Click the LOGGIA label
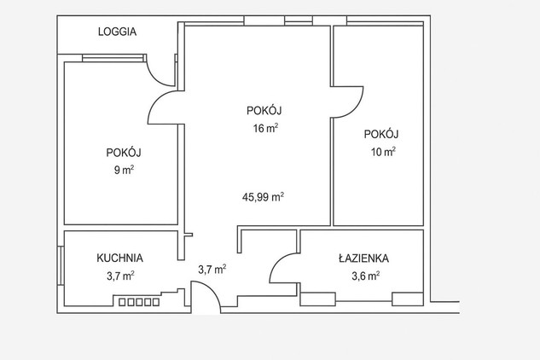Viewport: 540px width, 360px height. click(x=117, y=32)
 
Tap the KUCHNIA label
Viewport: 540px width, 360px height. click(x=119, y=258)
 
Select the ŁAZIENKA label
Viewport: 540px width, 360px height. click(x=363, y=258)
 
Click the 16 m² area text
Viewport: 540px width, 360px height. click(x=265, y=128)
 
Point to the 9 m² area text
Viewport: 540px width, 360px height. click(x=124, y=170)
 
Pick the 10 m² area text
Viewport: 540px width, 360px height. click(x=383, y=152)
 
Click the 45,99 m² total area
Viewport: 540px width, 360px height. click(x=263, y=197)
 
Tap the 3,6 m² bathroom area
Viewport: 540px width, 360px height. click(x=365, y=276)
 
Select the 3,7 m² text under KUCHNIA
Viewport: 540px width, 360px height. click(x=120, y=276)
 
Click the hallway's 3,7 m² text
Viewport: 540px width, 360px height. click(x=212, y=269)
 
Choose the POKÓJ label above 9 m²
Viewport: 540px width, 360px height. click(x=124, y=152)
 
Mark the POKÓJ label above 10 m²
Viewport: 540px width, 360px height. click(x=381, y=134)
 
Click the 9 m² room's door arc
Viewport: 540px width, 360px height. click(x=155, y=101)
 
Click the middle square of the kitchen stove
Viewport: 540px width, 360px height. click(x=139, y=302)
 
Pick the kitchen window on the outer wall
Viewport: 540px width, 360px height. click(x=61, y=265)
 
